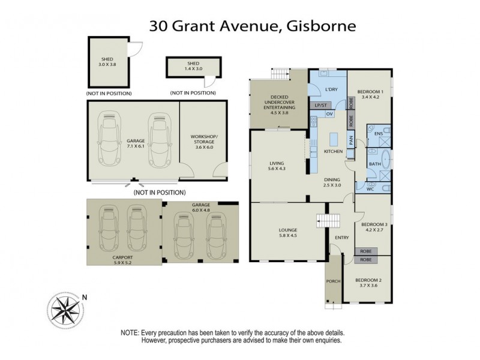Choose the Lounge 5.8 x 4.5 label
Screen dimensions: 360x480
pos(288,233)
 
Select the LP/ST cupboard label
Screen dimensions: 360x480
pos(320,105)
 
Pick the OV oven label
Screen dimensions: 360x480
pos(329,114)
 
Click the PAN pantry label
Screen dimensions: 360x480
pos(351,142)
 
